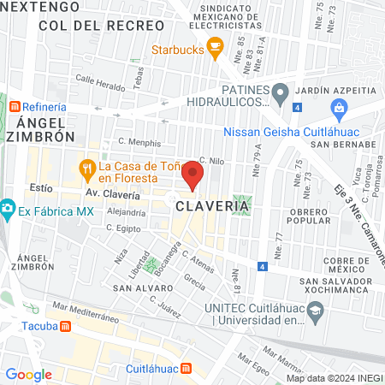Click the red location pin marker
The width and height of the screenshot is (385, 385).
tap(192, 175)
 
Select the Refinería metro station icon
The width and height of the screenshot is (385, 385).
tap(15, 107)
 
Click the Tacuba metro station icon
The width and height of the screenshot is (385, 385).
tap(66, 326)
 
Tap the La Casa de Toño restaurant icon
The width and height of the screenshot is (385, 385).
tap(86, 169)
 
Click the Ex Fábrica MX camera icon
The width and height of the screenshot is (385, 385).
tap(8, 208)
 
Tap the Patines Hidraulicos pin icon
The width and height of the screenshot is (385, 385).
tap(281, 91)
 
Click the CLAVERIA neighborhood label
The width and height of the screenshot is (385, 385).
tap(214, 206)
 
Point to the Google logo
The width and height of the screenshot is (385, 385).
tap(28, 374)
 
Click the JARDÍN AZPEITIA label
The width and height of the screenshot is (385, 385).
tap(335, 91)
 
